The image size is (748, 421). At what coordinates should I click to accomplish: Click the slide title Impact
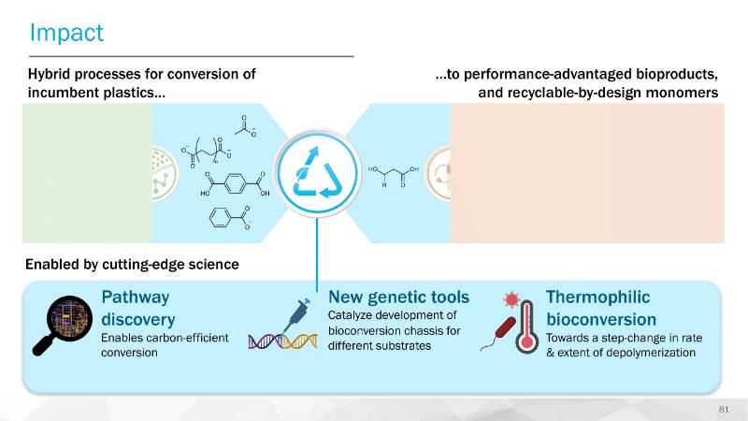coord(66,33)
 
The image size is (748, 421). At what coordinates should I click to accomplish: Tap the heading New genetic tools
coord(398,298)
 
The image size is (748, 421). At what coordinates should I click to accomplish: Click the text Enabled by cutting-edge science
coord(132,265)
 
